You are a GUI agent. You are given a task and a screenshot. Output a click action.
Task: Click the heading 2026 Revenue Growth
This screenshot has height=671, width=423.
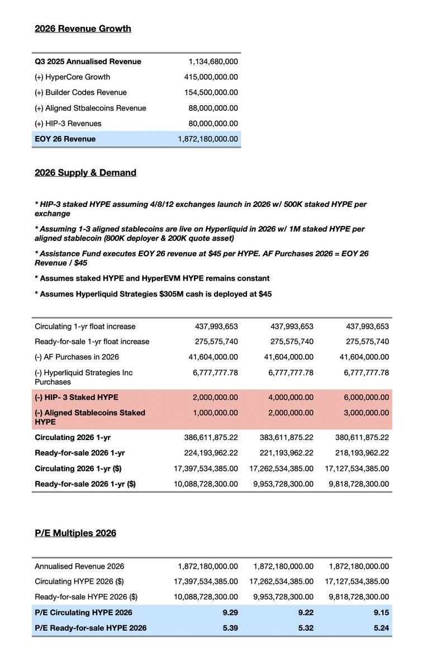click(83, 29)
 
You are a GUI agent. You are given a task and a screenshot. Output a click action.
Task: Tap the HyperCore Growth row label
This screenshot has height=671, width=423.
click(72, 77)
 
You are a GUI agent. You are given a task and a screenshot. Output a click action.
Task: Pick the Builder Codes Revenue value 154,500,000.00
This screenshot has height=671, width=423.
click(211, 93)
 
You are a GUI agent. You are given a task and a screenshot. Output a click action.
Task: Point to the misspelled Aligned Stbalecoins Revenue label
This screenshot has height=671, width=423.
click(90, 108)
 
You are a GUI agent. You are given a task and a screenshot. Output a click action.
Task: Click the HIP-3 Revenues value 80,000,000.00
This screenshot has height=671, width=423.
click(213, 124)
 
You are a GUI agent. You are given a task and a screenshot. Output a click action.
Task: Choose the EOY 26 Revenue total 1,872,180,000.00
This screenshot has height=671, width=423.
click(208, 139)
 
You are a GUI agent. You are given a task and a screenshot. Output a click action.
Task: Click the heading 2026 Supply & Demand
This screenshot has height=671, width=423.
click(85, 173)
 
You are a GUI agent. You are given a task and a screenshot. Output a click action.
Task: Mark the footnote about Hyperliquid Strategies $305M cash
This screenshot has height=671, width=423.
click(153, 294)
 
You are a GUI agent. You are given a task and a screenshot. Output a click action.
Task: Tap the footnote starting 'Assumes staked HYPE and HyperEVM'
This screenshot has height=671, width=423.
click(152, 278)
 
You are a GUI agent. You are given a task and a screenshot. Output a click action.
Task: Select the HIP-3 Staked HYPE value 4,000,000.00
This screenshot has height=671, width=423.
click(287, 398)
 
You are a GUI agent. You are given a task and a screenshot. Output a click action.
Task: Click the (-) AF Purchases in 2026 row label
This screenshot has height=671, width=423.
click(77, 357)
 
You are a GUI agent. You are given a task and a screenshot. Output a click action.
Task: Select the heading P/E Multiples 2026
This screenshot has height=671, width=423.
click(75, 533)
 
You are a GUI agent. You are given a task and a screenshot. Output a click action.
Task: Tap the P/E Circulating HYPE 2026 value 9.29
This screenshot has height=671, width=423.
click(230, 613)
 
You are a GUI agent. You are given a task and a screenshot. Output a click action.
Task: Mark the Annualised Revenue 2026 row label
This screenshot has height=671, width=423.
click(79, 566)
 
